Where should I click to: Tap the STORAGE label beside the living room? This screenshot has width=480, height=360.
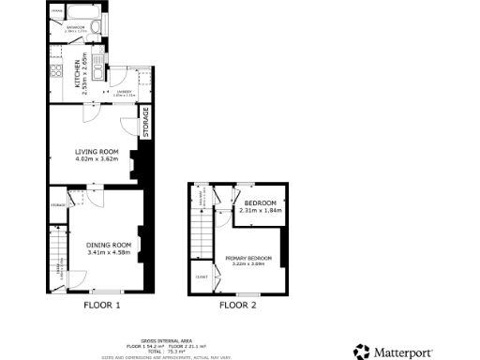(146, 123)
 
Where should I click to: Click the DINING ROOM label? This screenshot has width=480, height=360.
(106, 245)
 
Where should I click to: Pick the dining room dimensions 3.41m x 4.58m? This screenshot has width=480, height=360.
(107, 252)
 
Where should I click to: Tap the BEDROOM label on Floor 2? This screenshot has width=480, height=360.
(260, 203)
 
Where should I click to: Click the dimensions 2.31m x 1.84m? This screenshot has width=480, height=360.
(259, 211)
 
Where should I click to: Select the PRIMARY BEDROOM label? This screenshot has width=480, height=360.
(248, 257)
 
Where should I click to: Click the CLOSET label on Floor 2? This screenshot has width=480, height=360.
(202, 277)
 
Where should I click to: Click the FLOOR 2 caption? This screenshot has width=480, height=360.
(238, 305)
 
